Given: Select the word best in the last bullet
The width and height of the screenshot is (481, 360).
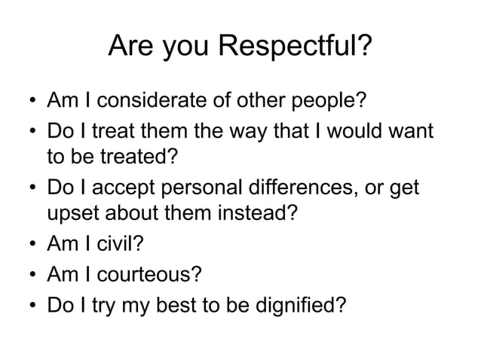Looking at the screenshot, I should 185,305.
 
